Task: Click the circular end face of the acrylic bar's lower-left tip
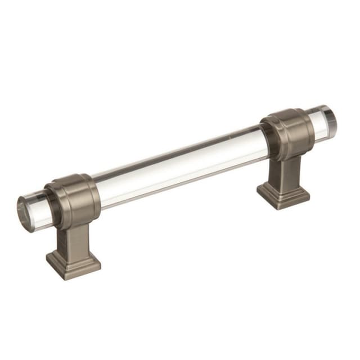[25, 212]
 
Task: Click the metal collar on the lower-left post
[73, 201]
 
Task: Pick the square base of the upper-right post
[283, 193]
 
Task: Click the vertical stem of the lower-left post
[73, 236]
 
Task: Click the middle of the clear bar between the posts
[180, 166]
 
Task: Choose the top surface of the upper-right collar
[284, 114]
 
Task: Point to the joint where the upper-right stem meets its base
[285, 184]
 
